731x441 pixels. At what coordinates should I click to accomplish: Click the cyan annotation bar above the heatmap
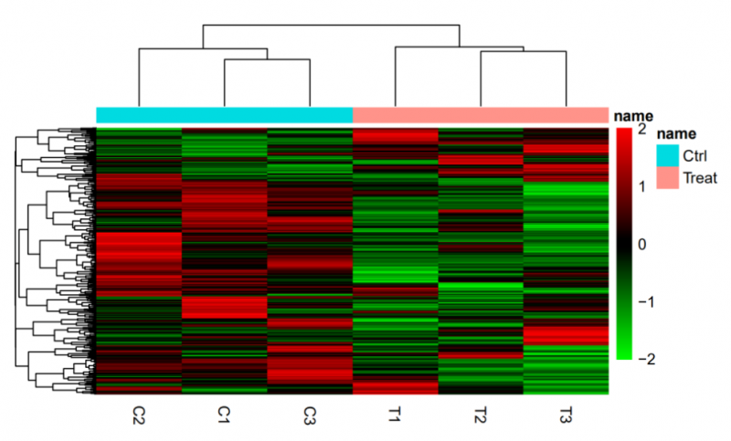pyautogui.click(x=224, y=115)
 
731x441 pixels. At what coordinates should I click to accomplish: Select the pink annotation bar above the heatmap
pyautogui.click(x=480, y=115)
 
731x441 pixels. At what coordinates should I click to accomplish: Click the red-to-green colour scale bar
pyautogui.click(x=623, y=244)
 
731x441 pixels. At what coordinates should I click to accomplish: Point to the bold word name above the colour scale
pyautogui.click(x=632, y=116)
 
